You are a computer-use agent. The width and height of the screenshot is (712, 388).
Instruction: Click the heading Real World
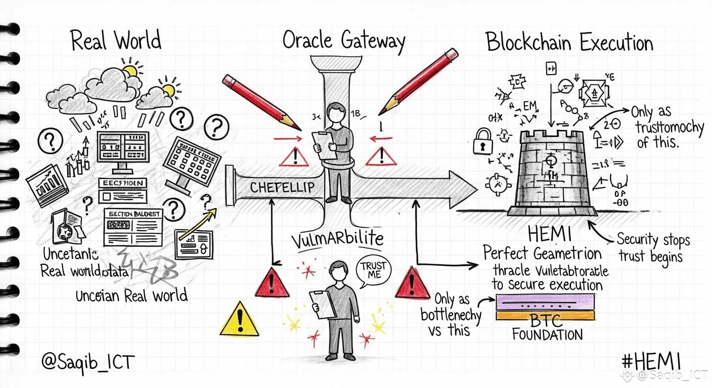(116, 40)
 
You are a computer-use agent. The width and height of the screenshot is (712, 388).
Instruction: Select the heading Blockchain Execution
(569, 42)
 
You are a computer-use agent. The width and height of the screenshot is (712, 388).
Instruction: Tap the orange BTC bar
(545, 316)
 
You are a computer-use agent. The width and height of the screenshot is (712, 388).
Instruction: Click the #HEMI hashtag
(651, 361)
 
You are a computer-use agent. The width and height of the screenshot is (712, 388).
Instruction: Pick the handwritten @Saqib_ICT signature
(88, 362)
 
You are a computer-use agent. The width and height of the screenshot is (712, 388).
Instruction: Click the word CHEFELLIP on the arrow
(282, 187)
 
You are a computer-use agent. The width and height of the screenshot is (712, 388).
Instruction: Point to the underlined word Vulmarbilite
(337, 239)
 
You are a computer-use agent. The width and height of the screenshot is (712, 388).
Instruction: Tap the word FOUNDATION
(547, 334)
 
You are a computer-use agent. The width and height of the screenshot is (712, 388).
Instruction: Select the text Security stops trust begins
(653, 248)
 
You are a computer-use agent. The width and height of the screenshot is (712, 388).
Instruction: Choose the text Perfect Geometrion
(542, 253)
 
